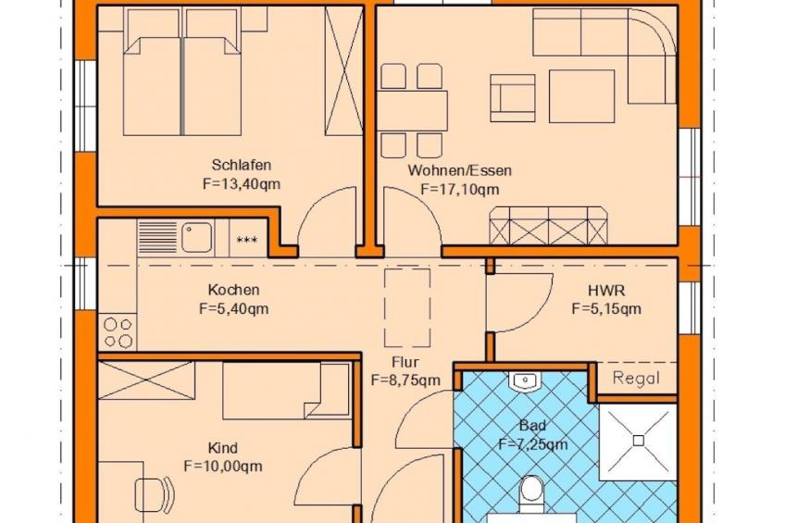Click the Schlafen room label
(x=242, y=165)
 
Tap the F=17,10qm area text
(x=460, y=190)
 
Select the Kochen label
(x=234, y=290)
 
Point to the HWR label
(x=606, y=291)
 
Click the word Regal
(x=636, y=379)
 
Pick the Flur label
(x=405, y=362)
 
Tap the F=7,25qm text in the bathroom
(x=533, y=444)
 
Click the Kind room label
(x=223, y=448)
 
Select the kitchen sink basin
(x=196, y=237)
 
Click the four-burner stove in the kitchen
(x=118, y=332)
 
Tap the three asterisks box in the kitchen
(x=247, y=241)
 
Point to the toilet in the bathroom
(x=531, y=493)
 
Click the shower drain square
(x=639, y=441)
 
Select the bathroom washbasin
(x=525, y=381)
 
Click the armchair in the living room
(x=513, y=98)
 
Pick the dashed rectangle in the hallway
(x=407, y=308)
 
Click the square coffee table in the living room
(x=581, y=96)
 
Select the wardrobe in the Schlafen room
(x=344, y=70)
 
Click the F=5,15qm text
(x=606, y=309)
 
